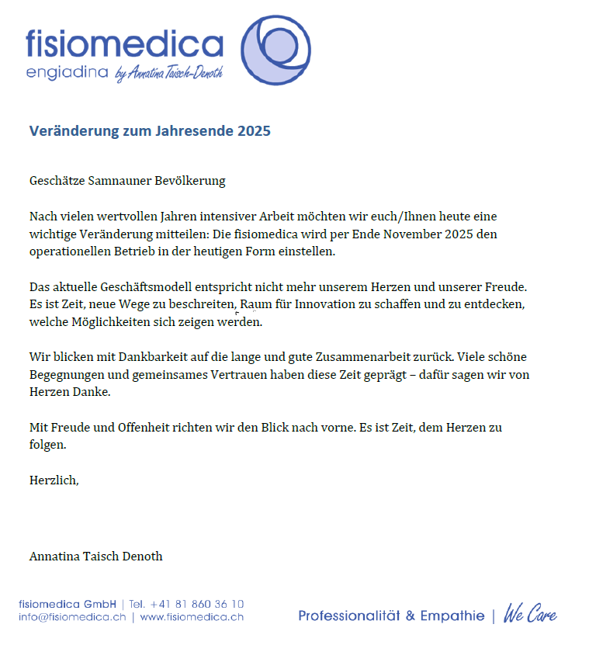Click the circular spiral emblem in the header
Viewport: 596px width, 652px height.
pos(276,51)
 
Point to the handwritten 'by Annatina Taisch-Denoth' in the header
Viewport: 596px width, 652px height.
pos(168,74)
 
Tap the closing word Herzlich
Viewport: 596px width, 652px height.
pos(54,480)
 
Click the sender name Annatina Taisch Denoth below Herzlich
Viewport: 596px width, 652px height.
pos(95,557)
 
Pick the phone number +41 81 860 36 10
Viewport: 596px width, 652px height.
pos(197,604)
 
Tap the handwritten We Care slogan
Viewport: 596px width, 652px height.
pos(530,615)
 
